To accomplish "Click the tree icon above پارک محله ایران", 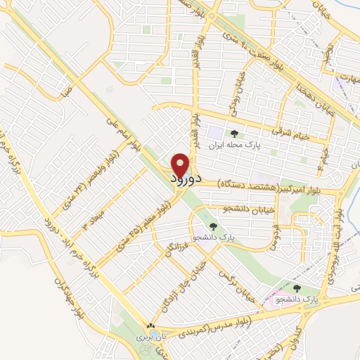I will pyautogui.click(x=235, y=134).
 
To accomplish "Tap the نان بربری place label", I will pyautogui.click(x=149, y=338).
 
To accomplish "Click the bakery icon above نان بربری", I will pyautogui.click(x=149, y=326).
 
